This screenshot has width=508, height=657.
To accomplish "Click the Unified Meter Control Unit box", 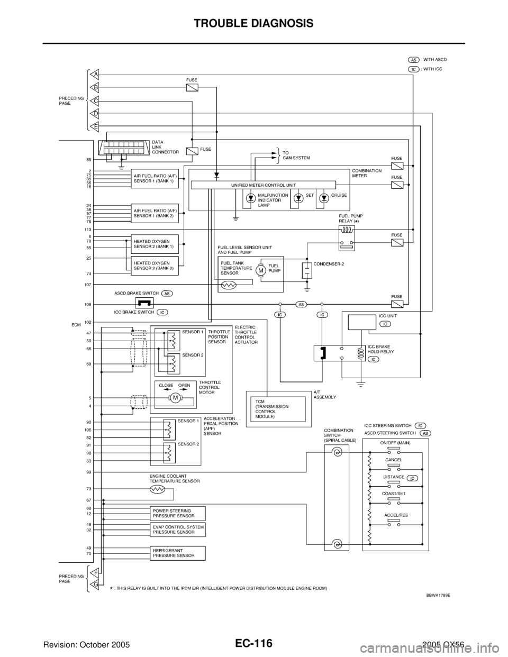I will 263,184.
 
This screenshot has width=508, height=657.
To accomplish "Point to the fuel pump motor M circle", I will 260,271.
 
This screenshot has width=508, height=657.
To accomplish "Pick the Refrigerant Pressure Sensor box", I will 177,553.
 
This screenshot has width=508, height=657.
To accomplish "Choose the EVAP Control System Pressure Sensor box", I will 177,530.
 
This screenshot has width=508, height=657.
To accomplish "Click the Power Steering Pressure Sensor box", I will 177,513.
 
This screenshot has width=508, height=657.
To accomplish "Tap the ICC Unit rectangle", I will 362,322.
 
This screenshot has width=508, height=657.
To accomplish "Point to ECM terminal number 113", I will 88,230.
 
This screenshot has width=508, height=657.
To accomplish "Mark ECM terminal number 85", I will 89,159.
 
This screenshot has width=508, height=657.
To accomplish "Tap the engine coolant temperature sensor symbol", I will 157,490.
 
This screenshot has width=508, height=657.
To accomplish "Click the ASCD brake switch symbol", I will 144,302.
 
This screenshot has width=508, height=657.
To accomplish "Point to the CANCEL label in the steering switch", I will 393,460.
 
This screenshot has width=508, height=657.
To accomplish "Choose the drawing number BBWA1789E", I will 442,595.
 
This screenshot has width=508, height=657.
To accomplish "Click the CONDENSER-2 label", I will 329,264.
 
